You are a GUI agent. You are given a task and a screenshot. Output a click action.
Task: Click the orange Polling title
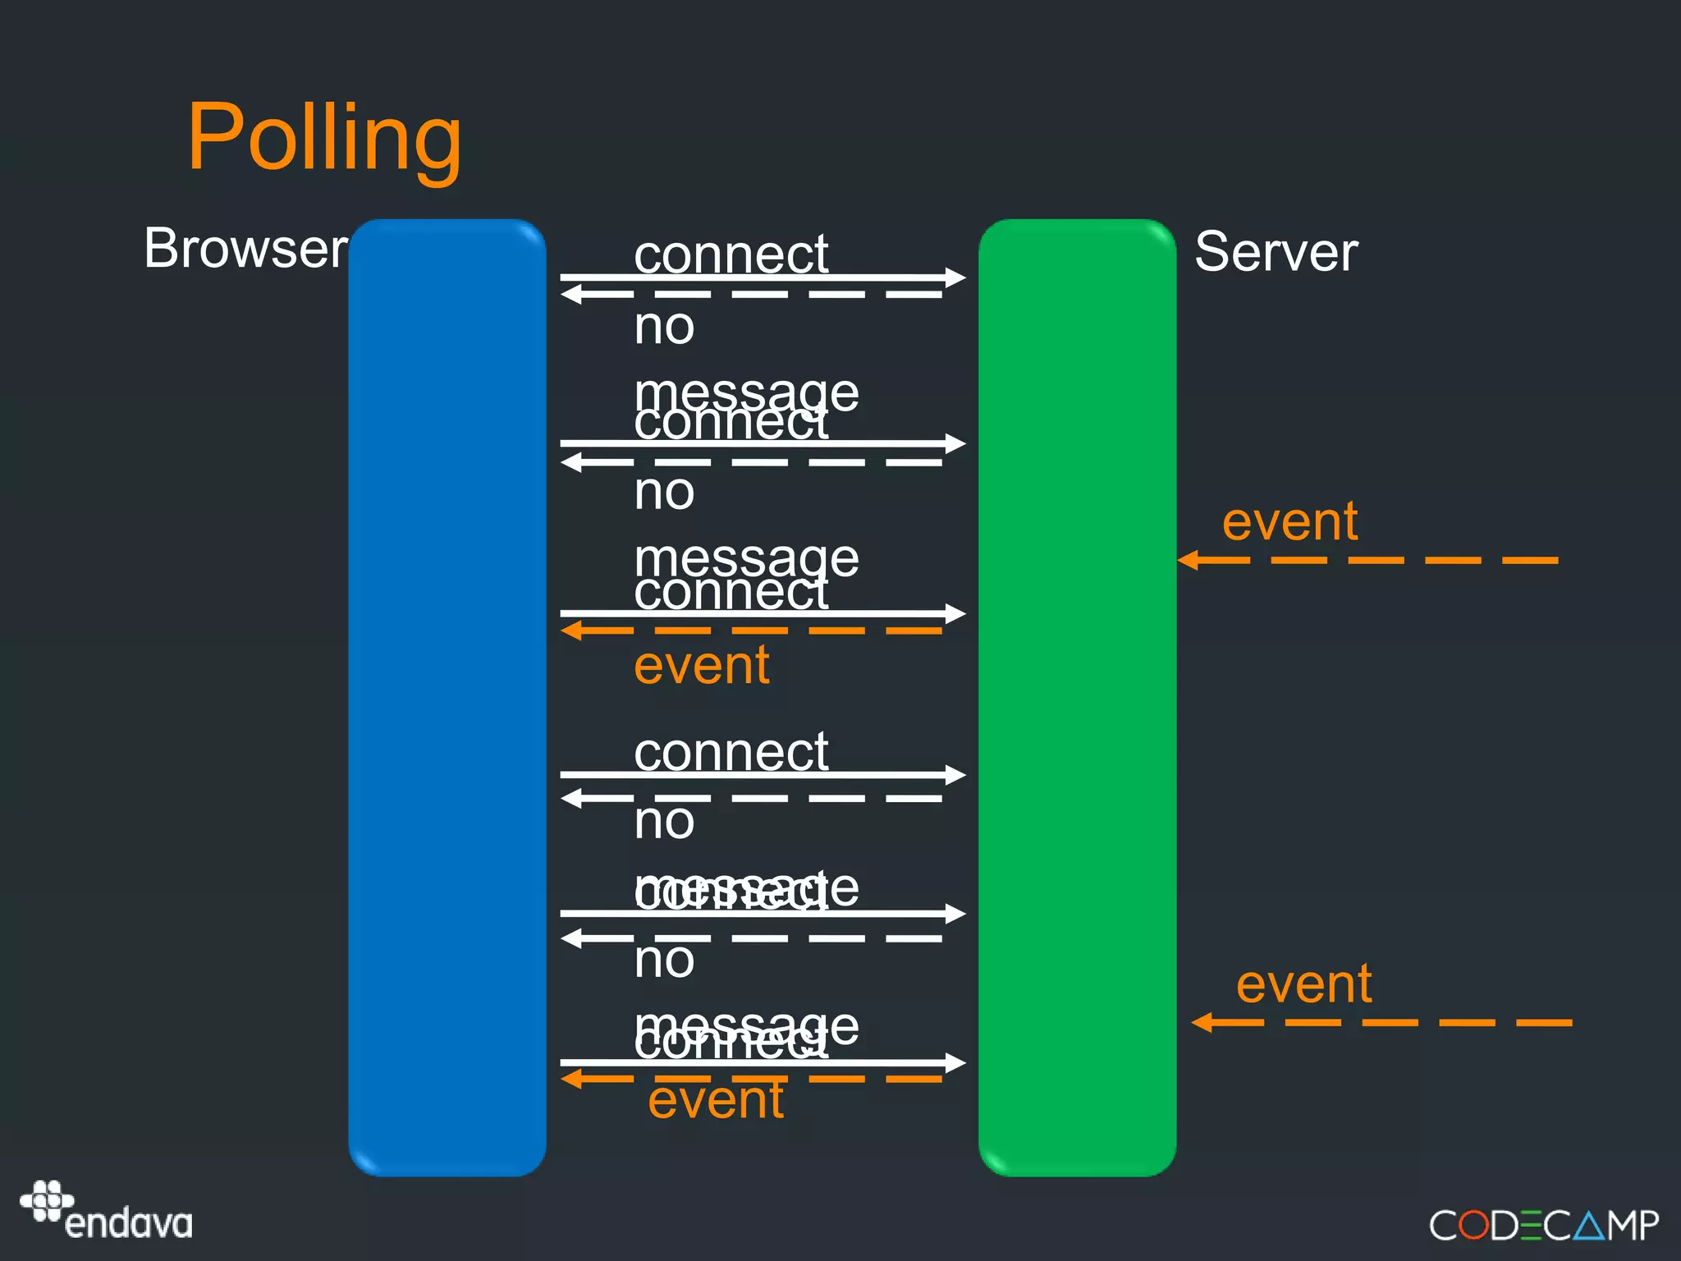coord(324,138)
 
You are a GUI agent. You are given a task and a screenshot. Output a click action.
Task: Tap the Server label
coord(1276,251)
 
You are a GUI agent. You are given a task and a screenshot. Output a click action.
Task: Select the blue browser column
coord(447,698)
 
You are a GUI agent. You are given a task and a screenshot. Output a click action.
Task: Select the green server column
coord(1077,698)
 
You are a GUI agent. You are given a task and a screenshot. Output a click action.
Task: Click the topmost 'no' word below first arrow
coord(664,327)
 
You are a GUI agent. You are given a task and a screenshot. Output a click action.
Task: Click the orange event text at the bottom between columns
coord(716,1100)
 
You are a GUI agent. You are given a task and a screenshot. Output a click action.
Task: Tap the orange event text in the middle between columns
coord(702,665)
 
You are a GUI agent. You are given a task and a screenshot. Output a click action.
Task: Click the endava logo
coord(107,1212)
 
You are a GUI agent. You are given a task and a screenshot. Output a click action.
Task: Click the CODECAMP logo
coord(1543,1226)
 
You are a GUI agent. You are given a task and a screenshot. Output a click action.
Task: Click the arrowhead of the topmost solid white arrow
coord(955,277)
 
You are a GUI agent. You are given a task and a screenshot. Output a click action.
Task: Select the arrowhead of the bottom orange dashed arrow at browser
coord(571,1079)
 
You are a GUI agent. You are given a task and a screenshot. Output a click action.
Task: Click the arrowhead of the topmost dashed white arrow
coord(571,294)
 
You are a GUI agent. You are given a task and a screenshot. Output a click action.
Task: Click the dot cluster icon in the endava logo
coord(46,1200)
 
